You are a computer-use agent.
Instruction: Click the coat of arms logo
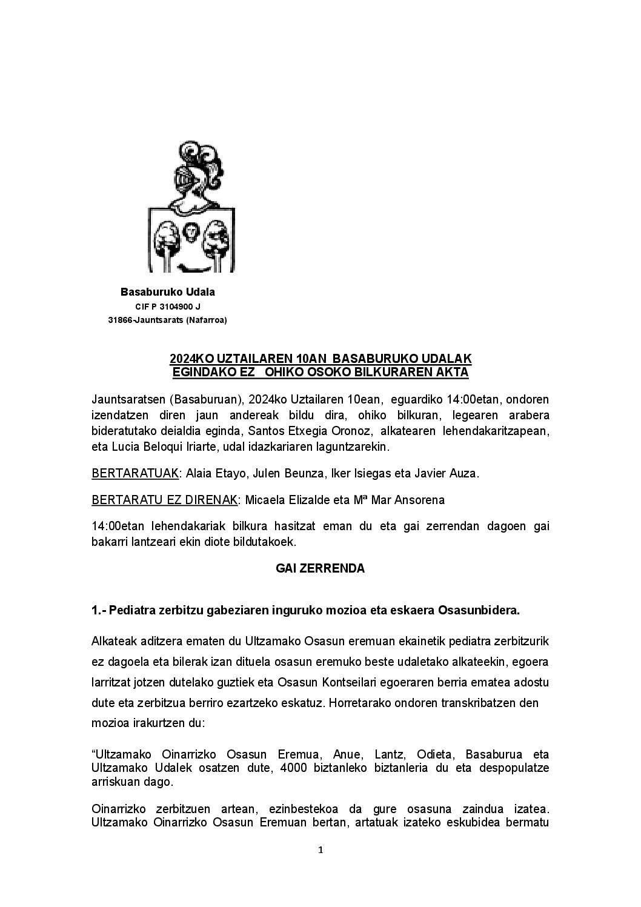191,207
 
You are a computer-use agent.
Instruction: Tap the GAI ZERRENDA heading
320,568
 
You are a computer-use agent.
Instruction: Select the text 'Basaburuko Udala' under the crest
168,292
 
